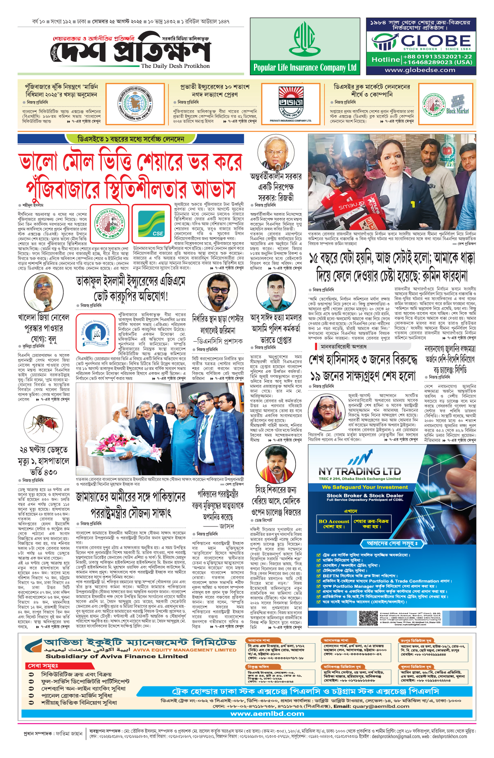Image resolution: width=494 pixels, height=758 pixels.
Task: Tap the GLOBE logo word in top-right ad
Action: click(436, 41)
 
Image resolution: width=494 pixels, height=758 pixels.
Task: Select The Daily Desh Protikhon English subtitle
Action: click(175, 66)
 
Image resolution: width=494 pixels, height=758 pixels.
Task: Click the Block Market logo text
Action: click(457, 111)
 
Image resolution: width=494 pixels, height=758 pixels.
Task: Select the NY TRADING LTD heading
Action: click(359, 471)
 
